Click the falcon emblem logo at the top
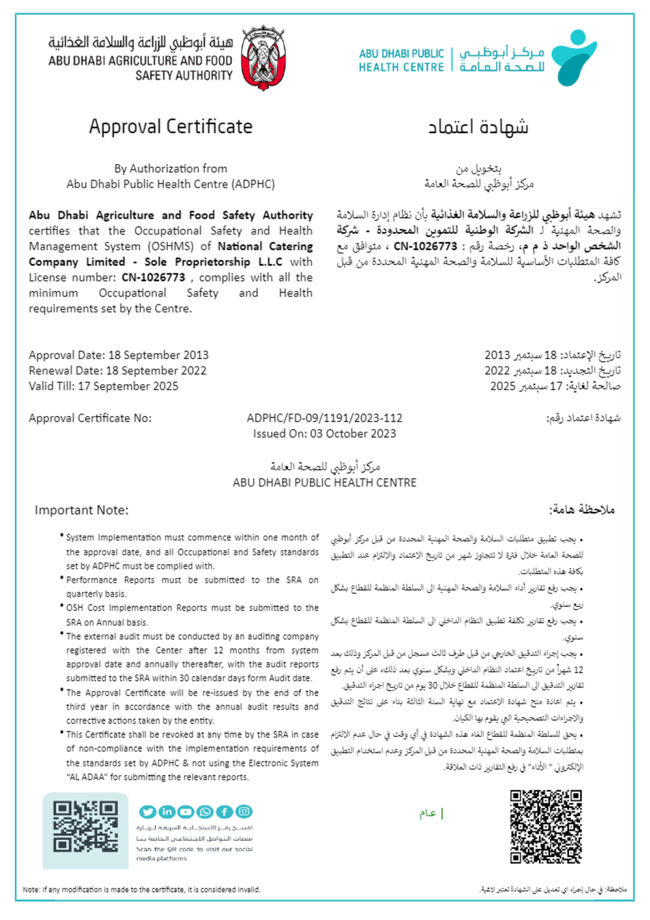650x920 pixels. tap(263, 58)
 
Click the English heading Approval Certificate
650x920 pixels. tap(171, 126)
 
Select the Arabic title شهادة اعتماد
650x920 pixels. tap(478, 126)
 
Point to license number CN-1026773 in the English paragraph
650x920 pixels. tap(153, 277)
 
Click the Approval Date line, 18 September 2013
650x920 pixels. tap(119, 355)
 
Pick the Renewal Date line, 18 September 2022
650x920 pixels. tap(117, 371)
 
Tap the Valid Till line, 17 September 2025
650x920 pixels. tap(103, 386)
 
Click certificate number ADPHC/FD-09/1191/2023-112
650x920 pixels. tap(324, 418)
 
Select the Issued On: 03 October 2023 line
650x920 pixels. tap(324, 433)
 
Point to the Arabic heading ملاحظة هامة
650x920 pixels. tap(581, 510)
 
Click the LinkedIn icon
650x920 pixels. tap(167, 812)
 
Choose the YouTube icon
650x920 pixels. tap(186, 812)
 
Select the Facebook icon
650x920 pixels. tap(224, 812)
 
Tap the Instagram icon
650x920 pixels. tap(244, 812)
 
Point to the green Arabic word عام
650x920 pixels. tap(428, 813)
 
